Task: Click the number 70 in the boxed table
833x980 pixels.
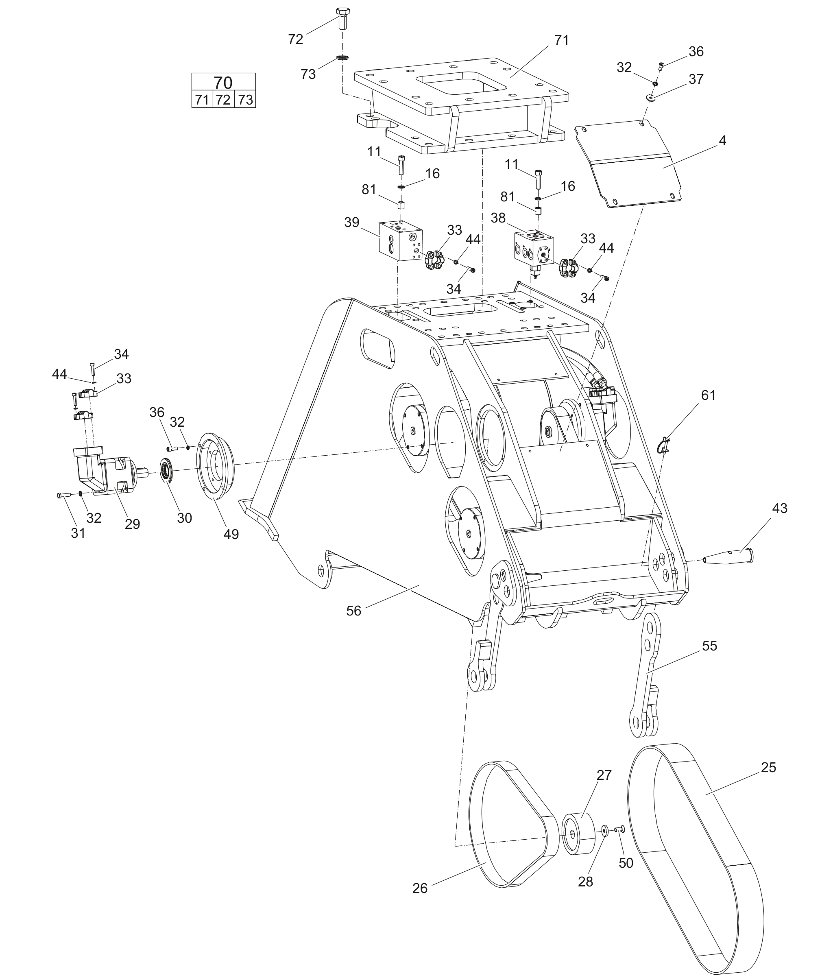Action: tap(223, 83)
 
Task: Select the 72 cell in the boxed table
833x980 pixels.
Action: tap(223, 100)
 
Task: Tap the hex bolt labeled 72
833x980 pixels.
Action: tap(343, 18)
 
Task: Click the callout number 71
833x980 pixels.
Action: tap(561, 41)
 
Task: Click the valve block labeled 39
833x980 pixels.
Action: tap(401, 240)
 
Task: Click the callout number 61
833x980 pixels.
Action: tap(708, 395)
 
